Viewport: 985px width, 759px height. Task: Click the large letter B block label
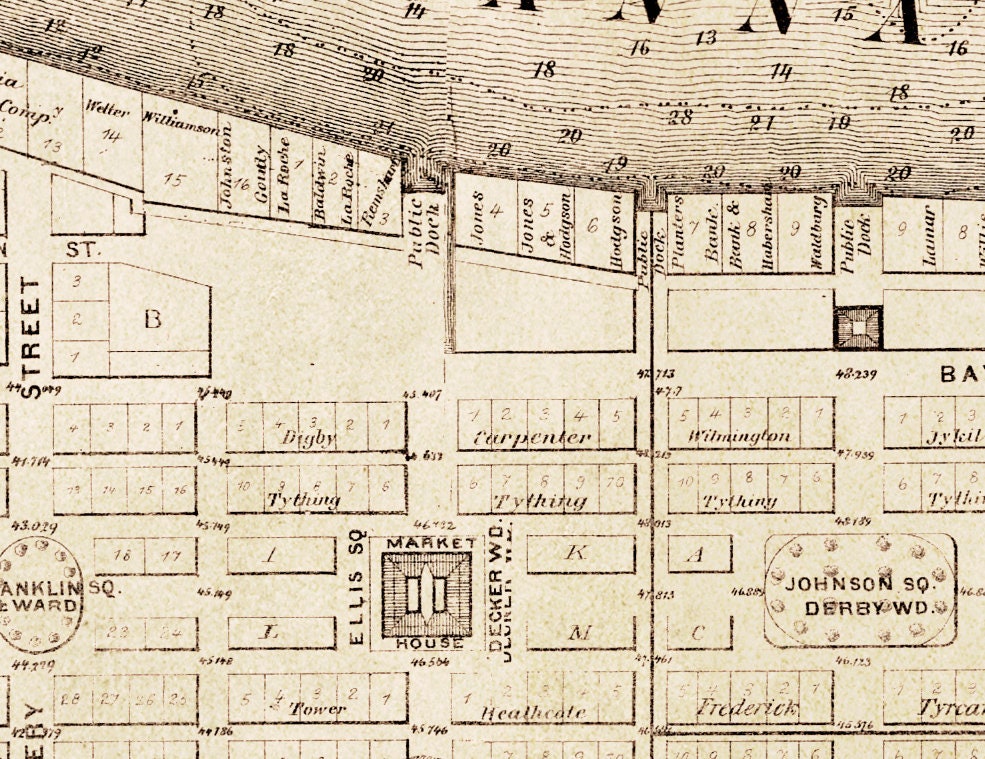(x=152, y=320)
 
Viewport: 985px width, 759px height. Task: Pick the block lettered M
(x=580, y=632)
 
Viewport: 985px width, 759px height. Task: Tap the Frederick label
(x=747, y=709)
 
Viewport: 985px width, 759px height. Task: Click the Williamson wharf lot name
(x=180, y=128)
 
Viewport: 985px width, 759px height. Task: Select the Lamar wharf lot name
(x=929, y=234)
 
